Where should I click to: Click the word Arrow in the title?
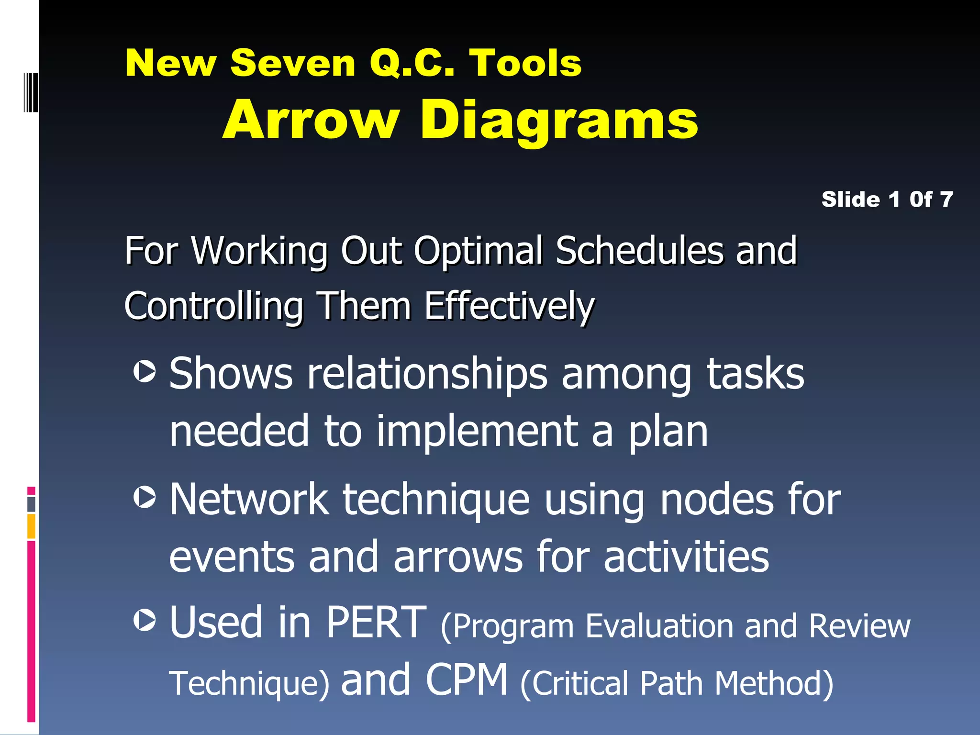(x=311, y=120)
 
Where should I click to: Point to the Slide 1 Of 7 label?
(x=887, y=199)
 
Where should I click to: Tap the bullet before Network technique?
(x=144, y=497)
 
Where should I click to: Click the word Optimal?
(x=478, y=251)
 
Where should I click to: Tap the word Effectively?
(x=509, y=306)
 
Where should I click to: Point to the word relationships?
(x=427, y=374)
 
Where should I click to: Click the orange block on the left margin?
(x=31, y=526)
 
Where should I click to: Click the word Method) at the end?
(x=774, y=683)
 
